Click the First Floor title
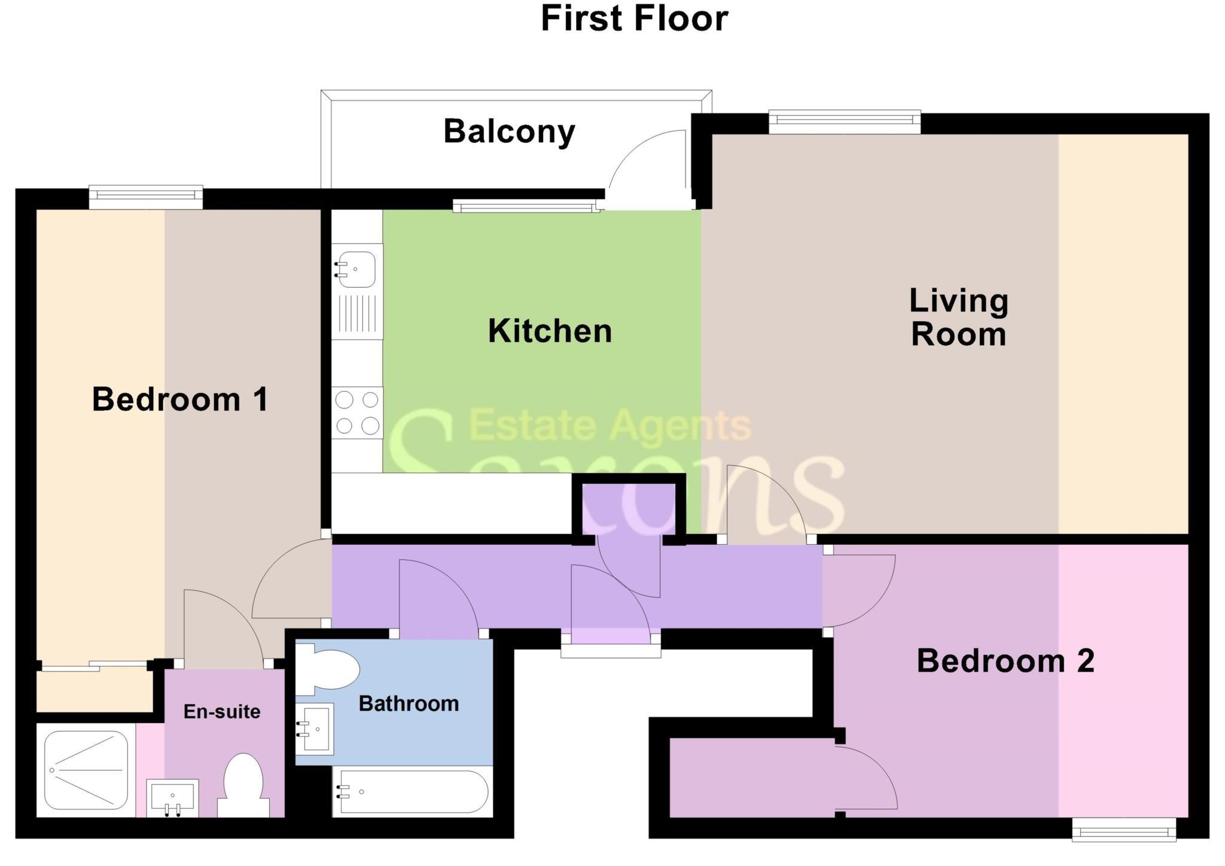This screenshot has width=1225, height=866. (x=634, y=19)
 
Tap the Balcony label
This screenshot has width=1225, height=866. (x=509, y=132)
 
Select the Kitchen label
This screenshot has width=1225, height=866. (x=550, y=331)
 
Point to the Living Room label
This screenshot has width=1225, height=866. (x=958, y=318)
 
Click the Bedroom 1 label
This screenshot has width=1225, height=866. (x=180, y=400)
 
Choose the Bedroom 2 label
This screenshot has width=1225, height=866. (x=1005, y=661)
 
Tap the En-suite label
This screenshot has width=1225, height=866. (x=222, y=712)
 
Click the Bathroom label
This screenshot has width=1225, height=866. (x=409, y=704)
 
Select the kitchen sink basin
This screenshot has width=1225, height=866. (x=356, y=269)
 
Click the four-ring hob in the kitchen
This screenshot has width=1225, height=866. (x=357, y=413)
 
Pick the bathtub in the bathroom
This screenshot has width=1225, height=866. (x=413, y=792)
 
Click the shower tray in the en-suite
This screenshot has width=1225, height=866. (x=86, y=770)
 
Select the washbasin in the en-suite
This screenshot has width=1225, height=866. (x=172, y=797)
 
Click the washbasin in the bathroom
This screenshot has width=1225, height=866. (x=316, y=728)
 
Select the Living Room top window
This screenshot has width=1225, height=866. (x=844, y=122)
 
